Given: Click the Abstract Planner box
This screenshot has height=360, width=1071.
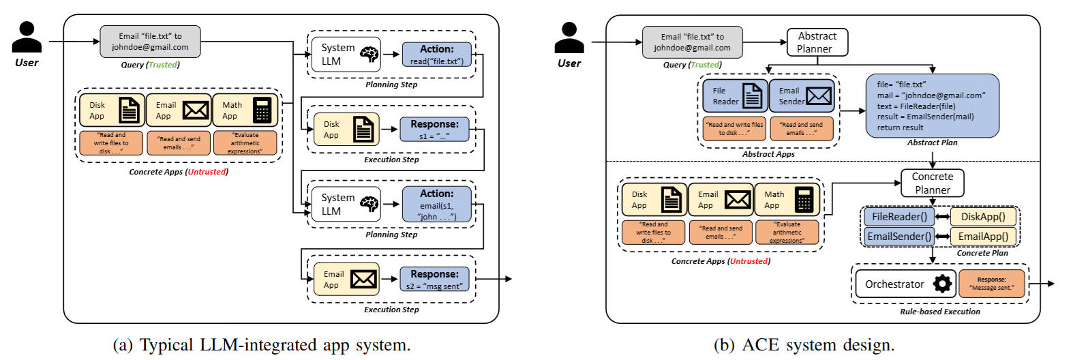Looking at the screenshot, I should (817, 42).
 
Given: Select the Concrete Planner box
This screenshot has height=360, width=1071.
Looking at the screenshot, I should (932, 183).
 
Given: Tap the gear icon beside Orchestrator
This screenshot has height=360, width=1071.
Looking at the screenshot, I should (942, 284).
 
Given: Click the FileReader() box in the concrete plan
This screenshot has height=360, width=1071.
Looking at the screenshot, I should (899, 217).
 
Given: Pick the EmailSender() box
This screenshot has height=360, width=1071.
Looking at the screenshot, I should (899, 237).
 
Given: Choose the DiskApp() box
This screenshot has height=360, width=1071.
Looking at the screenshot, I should (982, 217).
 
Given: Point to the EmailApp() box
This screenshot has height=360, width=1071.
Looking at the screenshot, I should (982, 237).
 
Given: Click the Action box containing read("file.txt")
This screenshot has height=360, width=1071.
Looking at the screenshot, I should (436, 55).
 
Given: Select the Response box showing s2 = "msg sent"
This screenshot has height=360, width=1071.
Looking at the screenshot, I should (434, 280).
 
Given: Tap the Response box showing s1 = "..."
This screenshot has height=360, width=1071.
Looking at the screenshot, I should (434, 130).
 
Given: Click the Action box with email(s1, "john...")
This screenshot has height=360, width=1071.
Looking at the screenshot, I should (436, 205).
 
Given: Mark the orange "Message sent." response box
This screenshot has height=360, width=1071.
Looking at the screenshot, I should (991, 284).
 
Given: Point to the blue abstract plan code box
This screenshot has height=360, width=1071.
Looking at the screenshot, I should (932, 106).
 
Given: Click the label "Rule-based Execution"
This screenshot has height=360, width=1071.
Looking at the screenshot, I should (939, 312).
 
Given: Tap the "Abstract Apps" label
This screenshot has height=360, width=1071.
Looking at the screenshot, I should (768, 154).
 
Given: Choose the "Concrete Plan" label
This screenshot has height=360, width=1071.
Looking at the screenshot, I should (982, 253).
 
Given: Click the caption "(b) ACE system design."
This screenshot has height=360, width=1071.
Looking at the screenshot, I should (804, 345).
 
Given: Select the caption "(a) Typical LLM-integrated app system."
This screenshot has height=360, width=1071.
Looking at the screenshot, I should (261, 345).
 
